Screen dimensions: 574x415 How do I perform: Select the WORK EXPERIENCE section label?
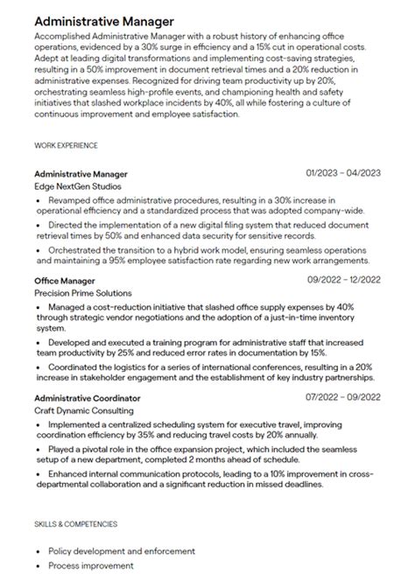pyautogui.click(x=66, y=145)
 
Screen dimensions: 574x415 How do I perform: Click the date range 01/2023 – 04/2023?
pyautogui.click(x=343, y=173)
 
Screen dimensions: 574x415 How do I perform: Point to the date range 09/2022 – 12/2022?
pyautogui.click(x=343, y=280)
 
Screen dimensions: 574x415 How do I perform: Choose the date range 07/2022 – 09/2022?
pyautogui.click(x=343, y=398)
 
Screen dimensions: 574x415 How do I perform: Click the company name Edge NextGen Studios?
pyautogui.click(x=78, y=186)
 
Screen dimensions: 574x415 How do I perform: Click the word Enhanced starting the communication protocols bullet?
pyautogui.click(x=72, y=473)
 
